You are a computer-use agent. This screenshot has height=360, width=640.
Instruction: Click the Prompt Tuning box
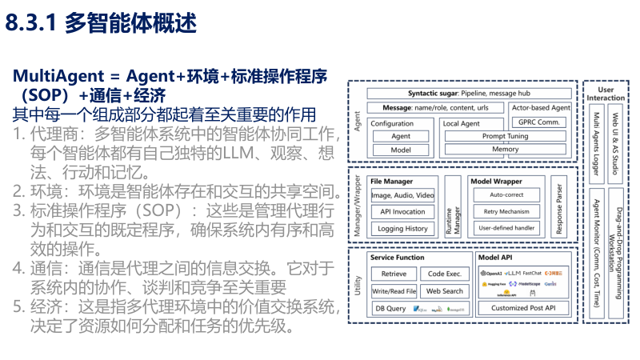[x=505, y=136]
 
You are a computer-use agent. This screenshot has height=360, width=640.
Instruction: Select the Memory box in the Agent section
[x=505, y=150]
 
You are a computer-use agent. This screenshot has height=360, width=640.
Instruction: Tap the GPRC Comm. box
[x=540, y=122]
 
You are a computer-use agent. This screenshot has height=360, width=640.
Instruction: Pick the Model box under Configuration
[x=400, y=150]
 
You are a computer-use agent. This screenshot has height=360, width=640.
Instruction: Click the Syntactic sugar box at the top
[x=469, y=93]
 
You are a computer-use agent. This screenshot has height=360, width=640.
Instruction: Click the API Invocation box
[x=402, y=212]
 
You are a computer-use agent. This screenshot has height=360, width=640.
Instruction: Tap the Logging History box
[x=402, y=228]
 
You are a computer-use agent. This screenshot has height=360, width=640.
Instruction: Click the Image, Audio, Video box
[x=402, y=195]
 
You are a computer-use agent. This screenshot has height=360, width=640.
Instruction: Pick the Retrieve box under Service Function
[x=394, y=274]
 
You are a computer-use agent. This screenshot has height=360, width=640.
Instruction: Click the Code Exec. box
[x=444, y=274]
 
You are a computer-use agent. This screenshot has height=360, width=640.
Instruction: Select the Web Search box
[x=444, y=291]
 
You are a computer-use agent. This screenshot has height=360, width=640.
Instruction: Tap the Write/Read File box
[x=394, y=291]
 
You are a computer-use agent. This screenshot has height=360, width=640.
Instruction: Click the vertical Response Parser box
[x=561, y=207]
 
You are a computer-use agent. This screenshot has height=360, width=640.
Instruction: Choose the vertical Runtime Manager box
[x=454, y=207]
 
